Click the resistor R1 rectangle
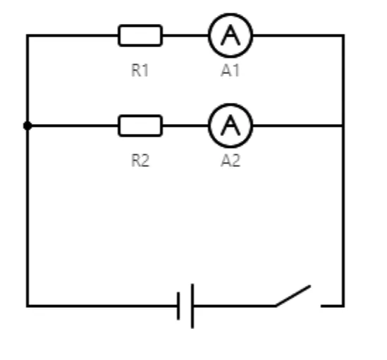click(140, 25)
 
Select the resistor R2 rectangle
click(140, 116)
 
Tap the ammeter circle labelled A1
click(231, 14)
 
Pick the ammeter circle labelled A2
click(231, 104)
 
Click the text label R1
click(140, 70)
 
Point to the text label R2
click(140, 161)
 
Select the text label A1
click(231, 70)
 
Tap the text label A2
click(231, 161)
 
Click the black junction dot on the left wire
click(27, 126)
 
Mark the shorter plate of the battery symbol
click(178, 306)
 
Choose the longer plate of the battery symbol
click(192, 306)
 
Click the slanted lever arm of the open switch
click(293, 296)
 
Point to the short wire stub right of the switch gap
click(332, 306)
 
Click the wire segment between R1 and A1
click(185, 35)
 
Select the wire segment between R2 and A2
click(185, 126)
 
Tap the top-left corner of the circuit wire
click(27, 36)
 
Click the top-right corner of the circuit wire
click(343, 36)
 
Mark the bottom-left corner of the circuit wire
click(27, 306)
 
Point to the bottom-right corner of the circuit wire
click(343, 306)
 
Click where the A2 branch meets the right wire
click(343, 126)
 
